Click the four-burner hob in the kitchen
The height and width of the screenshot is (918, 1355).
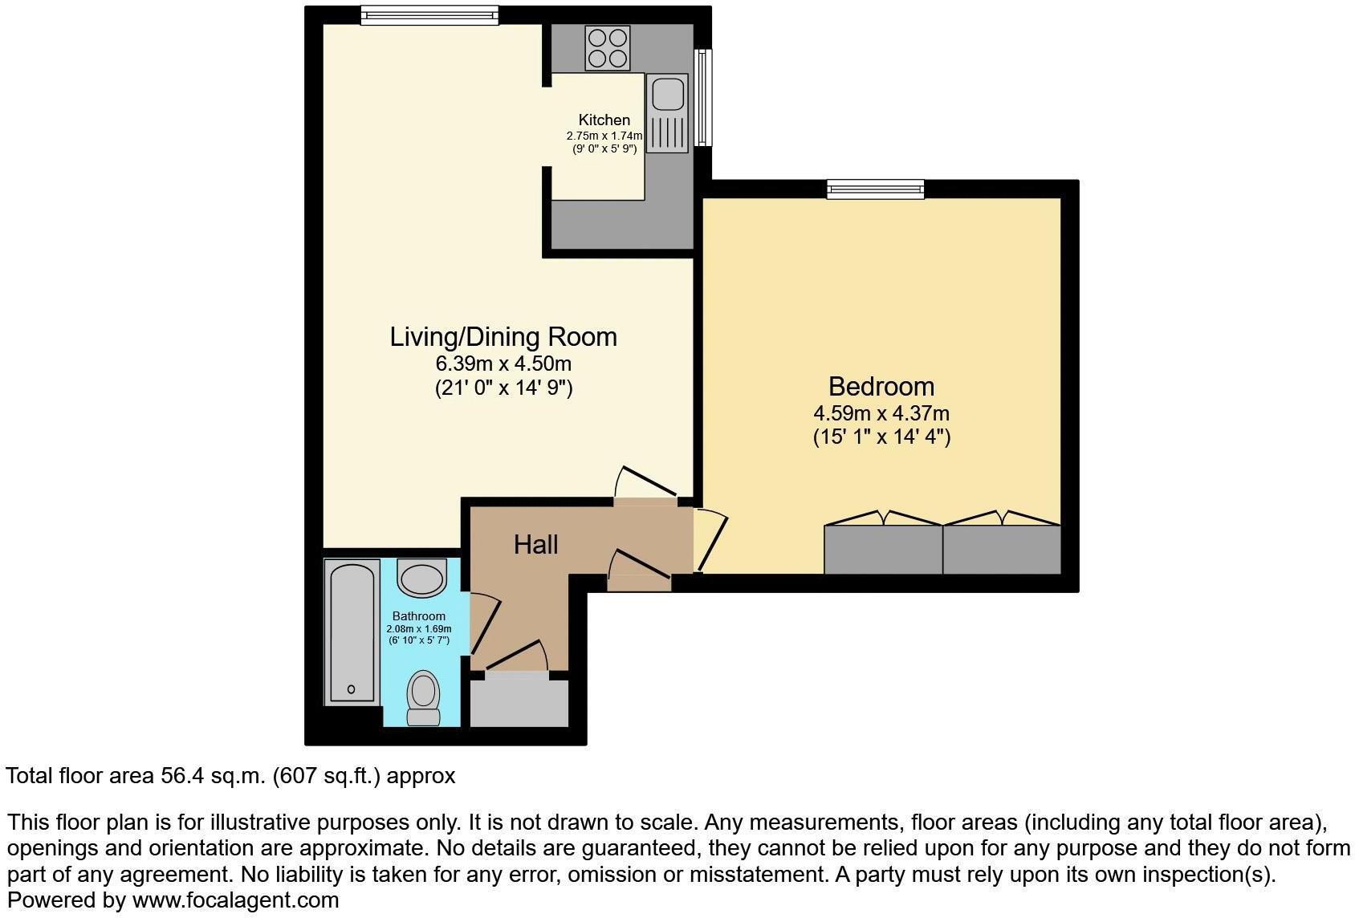coord(608,48)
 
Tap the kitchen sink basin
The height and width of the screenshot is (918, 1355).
coord(667,93)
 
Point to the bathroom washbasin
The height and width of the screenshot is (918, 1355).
coord(422,579)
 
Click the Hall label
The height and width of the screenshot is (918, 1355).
coord(535,545)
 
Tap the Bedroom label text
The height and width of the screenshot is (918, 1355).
coord(881,387)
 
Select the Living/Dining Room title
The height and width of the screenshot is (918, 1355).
coord(503,336)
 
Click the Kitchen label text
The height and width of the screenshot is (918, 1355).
coord(604,120)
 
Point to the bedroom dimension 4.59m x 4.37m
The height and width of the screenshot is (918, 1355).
coord(881,414)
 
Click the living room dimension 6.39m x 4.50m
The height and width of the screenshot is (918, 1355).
coord(503,363)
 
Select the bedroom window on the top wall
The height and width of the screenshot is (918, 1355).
coord(876,189)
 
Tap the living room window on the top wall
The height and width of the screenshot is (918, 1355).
coord(429,14)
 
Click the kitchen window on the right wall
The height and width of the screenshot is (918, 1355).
coord(703,97)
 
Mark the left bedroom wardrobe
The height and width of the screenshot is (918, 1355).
coord(883,549)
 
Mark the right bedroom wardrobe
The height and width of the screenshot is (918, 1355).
coord(1002,549)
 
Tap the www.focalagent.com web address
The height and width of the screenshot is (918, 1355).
coord(235,900)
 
